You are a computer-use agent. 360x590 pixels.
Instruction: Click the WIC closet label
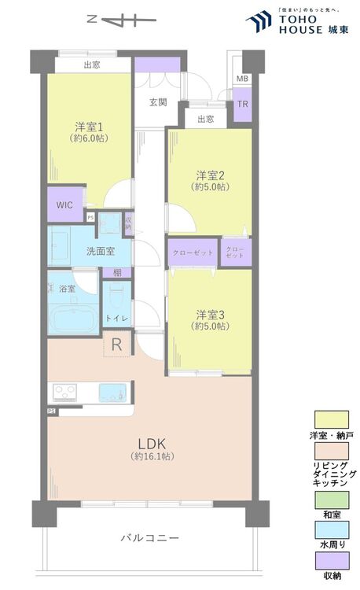tap(64, 205)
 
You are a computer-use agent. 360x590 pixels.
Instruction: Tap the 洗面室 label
tap(101, 251)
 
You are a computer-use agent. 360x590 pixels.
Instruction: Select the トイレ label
tap(118, 317)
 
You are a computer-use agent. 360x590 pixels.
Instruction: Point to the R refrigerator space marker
tap(116, 343)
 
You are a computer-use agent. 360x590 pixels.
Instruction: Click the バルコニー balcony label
tap(149, 538)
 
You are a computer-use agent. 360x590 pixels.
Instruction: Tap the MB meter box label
tap(242, 79)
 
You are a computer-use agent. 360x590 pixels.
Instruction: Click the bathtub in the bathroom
tap(74, 319)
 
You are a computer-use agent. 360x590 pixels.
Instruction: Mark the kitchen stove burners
tap(63, 392)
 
